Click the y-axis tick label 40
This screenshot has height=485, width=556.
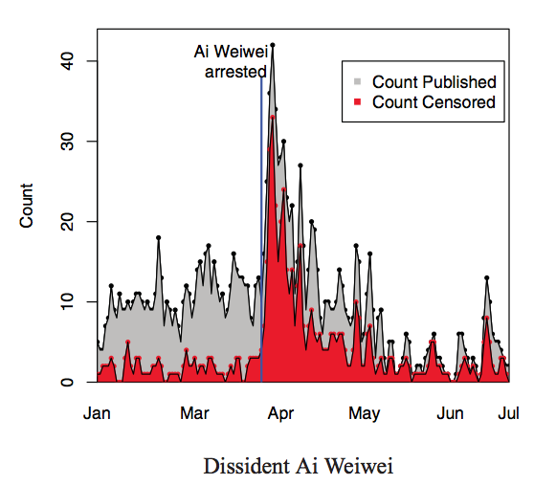pyautogui.click(x=67, y=61)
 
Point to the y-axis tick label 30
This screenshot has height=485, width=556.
pyautogui.click(x=67, y=142)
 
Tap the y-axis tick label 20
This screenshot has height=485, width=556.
pyautogui.click(x=67, y=222)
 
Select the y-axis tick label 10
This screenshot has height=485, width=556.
pyautogui.click(x=67, y=301)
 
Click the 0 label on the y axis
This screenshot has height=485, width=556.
pyautogui.click(x=67, y=383)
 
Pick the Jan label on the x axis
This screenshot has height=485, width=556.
pyautogui.click(x=97, y=413)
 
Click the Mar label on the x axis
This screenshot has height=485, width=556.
pyautogui.click(x=194, y=413)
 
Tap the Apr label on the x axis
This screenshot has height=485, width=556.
pyautogui.click(x=280, y=414)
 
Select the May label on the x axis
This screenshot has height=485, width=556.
pyautogui.click(x=365, y=414)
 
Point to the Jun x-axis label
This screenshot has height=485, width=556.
pyautogui.click(x=450, y=413)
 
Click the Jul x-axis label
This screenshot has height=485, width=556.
pyautogui.click(x=508, y=413)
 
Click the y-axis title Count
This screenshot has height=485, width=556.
pyautogui.click(x=26, y=206)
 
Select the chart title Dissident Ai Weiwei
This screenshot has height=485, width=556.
pyautogui.click(x=299, y=466)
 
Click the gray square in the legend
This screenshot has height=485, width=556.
pyautogui.click(x=358, y=81)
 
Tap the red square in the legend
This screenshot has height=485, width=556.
pyautogui.click(x=358, y=102)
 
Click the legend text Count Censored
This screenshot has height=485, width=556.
pyautogui.click(x=434, y=102)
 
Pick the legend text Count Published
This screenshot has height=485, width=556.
pyautogui.click(x=434, y=82)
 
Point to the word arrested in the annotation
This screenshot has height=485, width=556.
pyautogui.click(x=235, y=72)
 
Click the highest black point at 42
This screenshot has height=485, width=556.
pyautogui.click(x=273, y=45)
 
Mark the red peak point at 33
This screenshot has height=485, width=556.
pyautogui.click(x=273, y=118)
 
